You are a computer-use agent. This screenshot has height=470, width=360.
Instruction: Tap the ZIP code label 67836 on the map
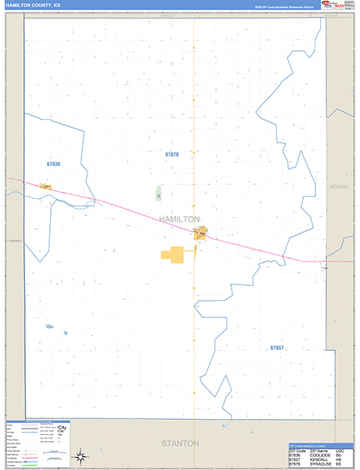(53, 163)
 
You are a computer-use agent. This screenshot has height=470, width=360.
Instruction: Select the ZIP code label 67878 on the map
(172, 155)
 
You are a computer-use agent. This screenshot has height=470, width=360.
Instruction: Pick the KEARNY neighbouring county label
(341, 186)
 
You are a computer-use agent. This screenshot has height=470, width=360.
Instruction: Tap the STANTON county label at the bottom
(180, 443)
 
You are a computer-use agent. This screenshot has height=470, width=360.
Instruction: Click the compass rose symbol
(81, 457)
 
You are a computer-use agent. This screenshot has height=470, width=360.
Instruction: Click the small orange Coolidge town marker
(46, 186)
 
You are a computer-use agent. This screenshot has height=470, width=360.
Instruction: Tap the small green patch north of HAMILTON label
(158, 193)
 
